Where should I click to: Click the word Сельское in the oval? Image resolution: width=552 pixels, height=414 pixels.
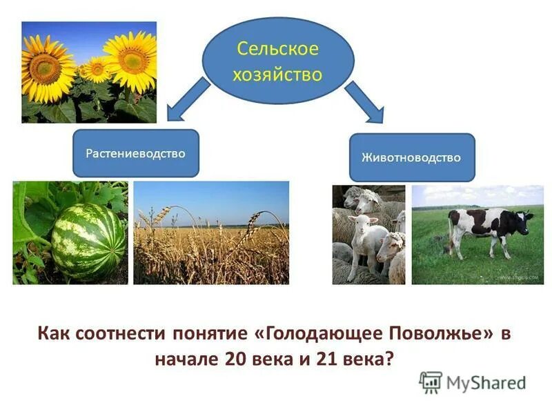coord(277,49)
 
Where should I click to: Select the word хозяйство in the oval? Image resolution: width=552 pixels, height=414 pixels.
coord(277,74)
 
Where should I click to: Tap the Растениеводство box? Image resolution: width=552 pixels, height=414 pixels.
coord(135,153)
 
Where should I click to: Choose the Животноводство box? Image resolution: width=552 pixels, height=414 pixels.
coord(411,157)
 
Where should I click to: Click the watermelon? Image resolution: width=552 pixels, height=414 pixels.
coord(88,241)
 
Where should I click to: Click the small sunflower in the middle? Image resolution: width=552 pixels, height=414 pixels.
coord(96,69)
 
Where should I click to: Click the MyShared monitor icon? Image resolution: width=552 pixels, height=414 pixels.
coord(431,382)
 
